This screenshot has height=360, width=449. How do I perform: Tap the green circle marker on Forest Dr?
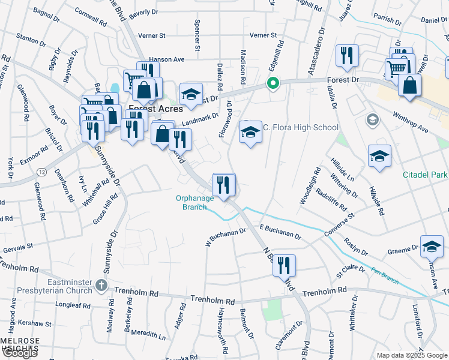[273, 83]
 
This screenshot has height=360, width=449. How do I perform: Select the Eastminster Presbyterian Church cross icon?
[102, 286]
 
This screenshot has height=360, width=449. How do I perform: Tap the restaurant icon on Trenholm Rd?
[284, 265]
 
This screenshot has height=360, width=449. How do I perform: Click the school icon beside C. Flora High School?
[250, 133]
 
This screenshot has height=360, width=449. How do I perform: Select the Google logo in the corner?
[19, 353]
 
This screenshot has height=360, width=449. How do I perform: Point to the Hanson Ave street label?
[167, 59]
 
